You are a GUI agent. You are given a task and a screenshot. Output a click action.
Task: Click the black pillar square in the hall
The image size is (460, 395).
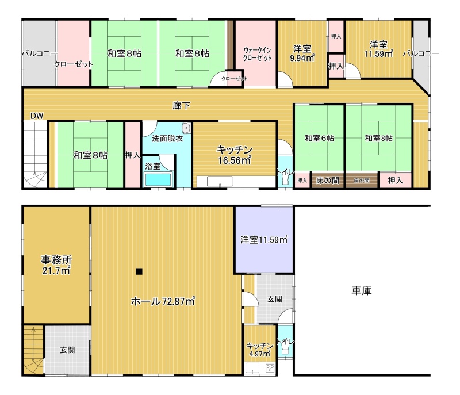[139, 271]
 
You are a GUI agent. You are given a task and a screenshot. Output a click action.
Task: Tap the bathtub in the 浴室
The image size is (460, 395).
[158, 179]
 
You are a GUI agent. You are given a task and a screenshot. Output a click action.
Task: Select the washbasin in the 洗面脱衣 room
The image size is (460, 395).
[186, 128]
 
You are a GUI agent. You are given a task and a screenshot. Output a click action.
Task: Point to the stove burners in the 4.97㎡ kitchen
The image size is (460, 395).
[270, 368]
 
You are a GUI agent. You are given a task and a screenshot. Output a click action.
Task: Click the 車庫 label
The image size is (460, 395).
[362, 290]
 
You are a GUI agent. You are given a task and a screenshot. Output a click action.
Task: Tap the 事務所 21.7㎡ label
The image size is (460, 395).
[56, 265]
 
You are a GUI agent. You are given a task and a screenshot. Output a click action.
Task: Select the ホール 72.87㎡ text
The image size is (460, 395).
[163, 301]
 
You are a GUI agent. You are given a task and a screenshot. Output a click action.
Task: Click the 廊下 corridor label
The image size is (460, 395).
[181, 106]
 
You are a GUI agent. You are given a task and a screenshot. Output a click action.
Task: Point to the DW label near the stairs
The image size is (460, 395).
[37, 116]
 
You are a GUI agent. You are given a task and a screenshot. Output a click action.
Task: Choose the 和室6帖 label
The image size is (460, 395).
[319, 138]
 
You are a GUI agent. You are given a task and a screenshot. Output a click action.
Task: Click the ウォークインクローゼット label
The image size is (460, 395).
[257, 54]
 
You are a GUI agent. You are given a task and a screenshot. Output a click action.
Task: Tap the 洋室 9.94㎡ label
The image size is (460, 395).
[302, 53]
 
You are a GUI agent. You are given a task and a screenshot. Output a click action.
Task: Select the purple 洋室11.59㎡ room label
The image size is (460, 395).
[264, 240]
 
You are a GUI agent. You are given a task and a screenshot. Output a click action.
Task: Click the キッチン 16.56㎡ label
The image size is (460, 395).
[235, 155]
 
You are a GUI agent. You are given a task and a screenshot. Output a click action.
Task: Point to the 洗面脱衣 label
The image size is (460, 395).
[167, 139]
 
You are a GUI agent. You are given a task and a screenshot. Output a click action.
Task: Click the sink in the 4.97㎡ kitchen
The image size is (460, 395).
[252, 368]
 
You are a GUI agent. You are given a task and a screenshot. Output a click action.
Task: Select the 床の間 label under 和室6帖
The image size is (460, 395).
[327, 180]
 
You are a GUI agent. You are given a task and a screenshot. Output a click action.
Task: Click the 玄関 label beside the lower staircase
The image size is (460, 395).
[67, 350]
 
